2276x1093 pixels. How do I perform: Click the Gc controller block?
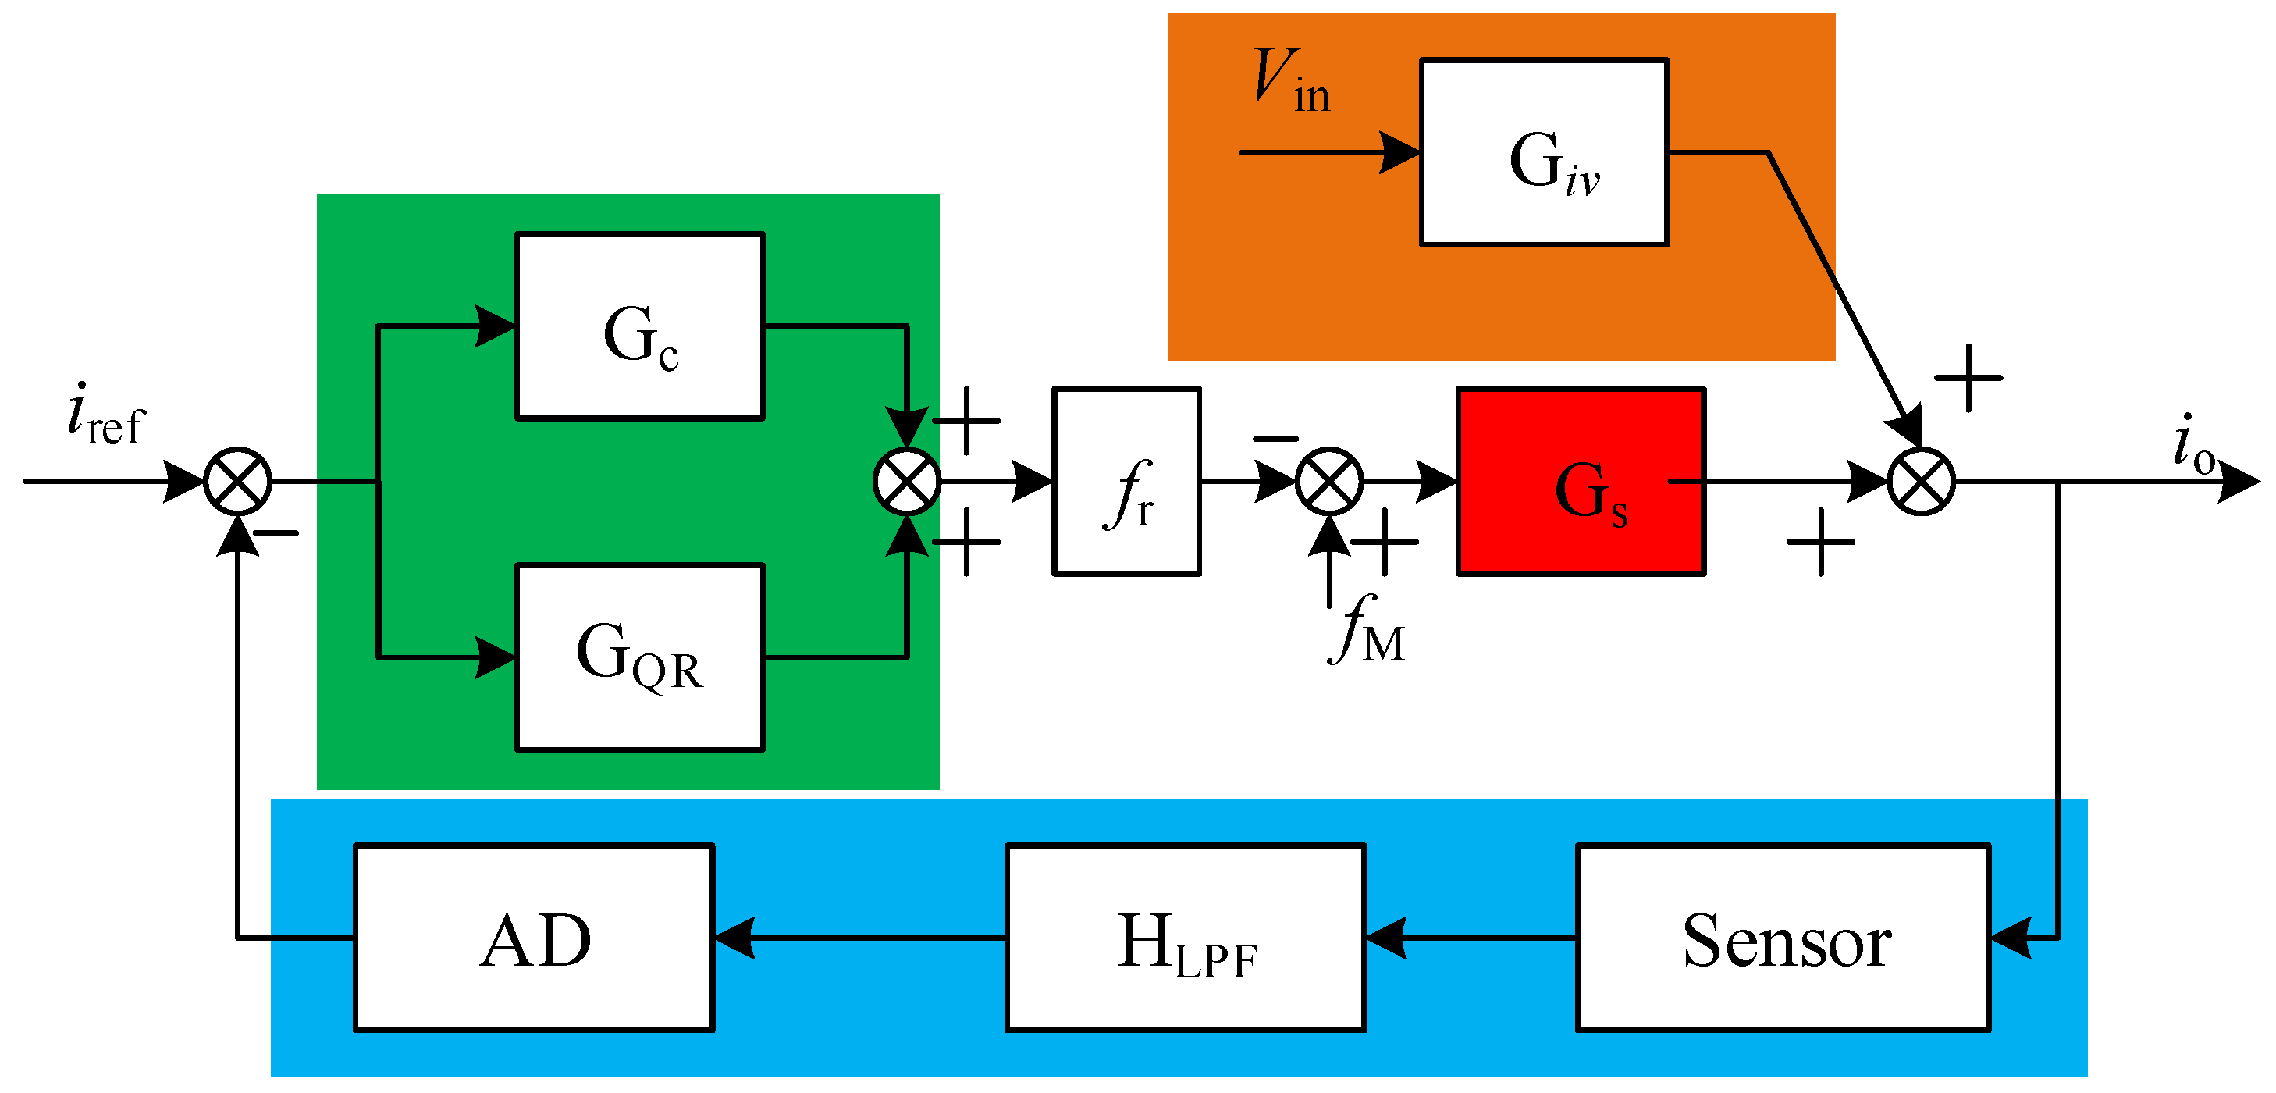[640, 326]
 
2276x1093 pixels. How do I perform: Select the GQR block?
[640, 657]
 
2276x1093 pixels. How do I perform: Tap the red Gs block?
[1581, 482]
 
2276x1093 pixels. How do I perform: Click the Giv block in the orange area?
[1544, 152]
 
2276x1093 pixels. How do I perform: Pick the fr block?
[1126, 482]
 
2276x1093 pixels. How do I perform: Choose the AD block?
[534, 938]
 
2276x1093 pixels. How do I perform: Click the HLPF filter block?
[1186, 938]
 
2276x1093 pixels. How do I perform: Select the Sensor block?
[1783, 938]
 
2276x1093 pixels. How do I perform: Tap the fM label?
[1366, 630]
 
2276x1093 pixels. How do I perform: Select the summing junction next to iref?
[238, 482]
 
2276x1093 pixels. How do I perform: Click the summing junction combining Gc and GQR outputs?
[906, 482]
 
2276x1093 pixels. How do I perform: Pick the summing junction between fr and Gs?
[1329, 482]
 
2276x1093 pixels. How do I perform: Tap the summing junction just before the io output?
[1921, 482]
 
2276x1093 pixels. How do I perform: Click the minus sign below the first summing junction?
[276, 532]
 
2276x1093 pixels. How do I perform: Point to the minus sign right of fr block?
[1275, 438]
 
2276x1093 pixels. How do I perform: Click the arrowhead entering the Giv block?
[1399, 152]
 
